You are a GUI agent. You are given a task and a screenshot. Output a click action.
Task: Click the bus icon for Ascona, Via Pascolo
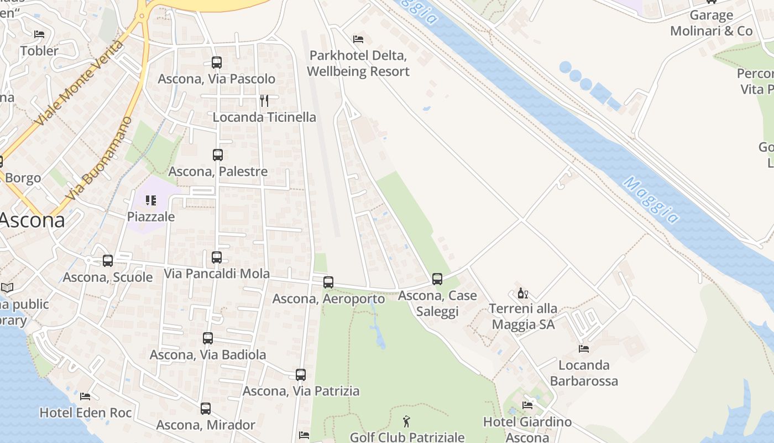(x=217, y=63)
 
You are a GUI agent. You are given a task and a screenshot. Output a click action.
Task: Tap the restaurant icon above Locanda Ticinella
(x=264, y=101)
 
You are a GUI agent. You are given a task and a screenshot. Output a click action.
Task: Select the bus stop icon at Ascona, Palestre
(x=218, y=155)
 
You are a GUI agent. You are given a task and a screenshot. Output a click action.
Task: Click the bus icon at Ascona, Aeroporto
(x=328, y=282)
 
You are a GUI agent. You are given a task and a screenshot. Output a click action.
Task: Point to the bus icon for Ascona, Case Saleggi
(x=437, y=279)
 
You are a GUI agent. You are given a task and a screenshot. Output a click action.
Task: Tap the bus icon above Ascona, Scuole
(x=108, y=261)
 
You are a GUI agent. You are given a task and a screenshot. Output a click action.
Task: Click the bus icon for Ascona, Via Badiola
(x=208, y=338)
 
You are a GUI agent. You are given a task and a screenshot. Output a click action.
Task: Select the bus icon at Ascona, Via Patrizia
(x=301, y=375)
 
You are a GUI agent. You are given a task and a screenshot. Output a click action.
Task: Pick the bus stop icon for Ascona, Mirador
(x=206, y=409)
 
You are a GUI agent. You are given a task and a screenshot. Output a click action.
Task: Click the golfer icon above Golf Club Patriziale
(x=407, y=421)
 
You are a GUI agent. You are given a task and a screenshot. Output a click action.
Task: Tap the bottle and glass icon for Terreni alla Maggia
(x=522, y=293)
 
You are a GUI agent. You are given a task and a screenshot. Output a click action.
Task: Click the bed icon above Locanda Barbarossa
(x=584, y=349)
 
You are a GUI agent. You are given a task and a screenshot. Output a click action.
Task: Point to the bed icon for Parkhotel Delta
(x=358, y=39)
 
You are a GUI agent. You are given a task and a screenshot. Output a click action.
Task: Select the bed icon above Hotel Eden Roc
(x=85, y=396)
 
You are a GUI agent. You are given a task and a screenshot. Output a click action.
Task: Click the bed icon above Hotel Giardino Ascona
(x=527, y=405)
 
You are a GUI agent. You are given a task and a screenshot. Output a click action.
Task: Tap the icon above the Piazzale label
(x=150, y=200)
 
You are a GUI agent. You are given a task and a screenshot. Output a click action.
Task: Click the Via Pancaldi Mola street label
(x=217, y=274)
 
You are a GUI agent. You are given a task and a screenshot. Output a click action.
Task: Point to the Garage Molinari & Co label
(x=712, y=23)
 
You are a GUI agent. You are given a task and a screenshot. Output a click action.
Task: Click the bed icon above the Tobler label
(x=39, y=34)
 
